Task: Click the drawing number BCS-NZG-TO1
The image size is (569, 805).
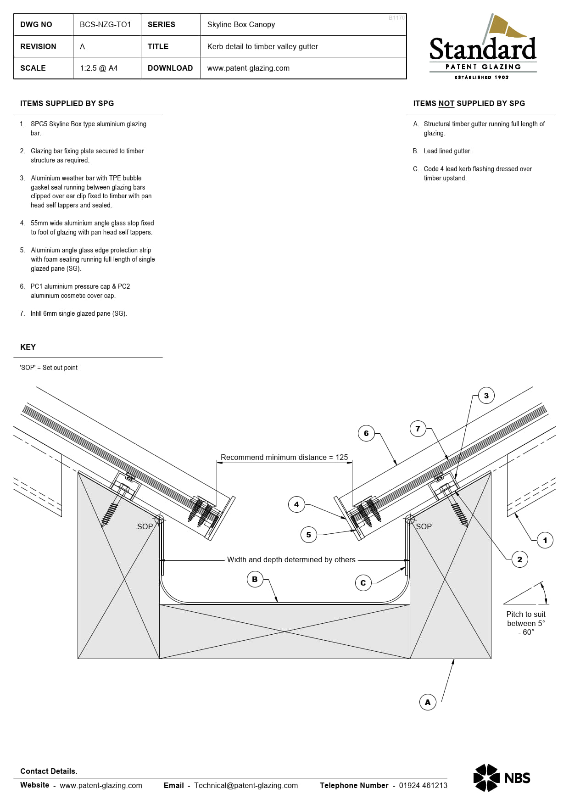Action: (x=105, y=24)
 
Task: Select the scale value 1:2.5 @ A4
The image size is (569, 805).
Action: (x=99, y=68)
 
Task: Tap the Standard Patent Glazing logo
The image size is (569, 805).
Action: (x=483, y=48)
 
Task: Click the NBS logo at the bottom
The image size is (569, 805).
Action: (x=502, y=777)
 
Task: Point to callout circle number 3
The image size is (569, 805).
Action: (x=486, y=396)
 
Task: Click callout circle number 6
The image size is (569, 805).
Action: (x=366, y=433)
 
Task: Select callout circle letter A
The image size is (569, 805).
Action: (x=428, y=702)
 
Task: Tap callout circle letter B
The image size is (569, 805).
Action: (x=255, y=579)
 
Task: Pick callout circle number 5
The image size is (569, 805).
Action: (x=308, y=535)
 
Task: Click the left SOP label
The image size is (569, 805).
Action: (x=145, y=526)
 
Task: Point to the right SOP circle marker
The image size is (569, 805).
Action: (x=410, y=519)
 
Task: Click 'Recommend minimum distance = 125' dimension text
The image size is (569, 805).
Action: (x=284, y=457)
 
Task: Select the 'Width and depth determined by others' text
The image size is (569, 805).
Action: (x=291, y=559)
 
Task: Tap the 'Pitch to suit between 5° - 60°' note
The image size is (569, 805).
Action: (x=526, y=623)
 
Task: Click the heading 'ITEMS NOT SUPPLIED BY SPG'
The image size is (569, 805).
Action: (x=469, y=103)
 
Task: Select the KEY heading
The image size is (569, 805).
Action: (x=28, y=347)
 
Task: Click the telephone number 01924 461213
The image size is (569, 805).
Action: (x=423, y=785)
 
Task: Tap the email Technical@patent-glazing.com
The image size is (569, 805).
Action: (x=245, y=785)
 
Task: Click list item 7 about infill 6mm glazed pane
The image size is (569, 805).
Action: (x=78, y=313)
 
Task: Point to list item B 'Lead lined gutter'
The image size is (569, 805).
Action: (x=446, y=151)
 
